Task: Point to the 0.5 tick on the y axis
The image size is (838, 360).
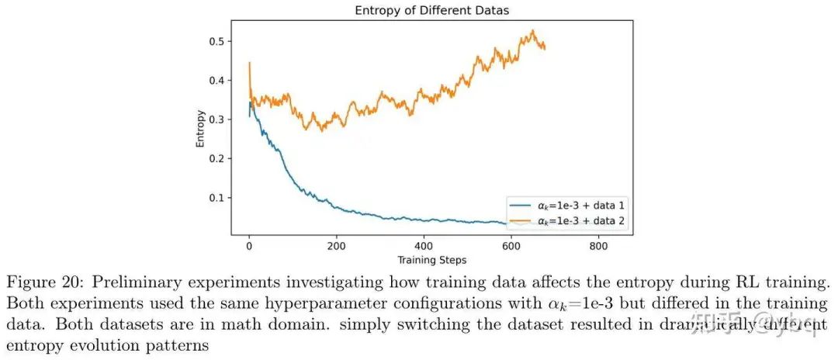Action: (217, 40)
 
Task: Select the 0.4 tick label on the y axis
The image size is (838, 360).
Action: (217, 80)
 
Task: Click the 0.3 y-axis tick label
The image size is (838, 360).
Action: (217, 119)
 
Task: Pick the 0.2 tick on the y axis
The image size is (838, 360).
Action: (217, 158)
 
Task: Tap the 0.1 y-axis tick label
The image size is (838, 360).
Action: (217, 198)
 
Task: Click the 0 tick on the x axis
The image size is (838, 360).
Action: (249, 245)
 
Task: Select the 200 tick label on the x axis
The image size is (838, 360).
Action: (336, 245)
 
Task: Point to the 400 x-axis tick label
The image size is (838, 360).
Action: (424, 245)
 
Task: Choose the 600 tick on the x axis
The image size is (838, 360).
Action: (511, 245)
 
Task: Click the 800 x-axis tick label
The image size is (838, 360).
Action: (597, 245)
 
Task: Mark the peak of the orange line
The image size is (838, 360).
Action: (533, 30)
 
